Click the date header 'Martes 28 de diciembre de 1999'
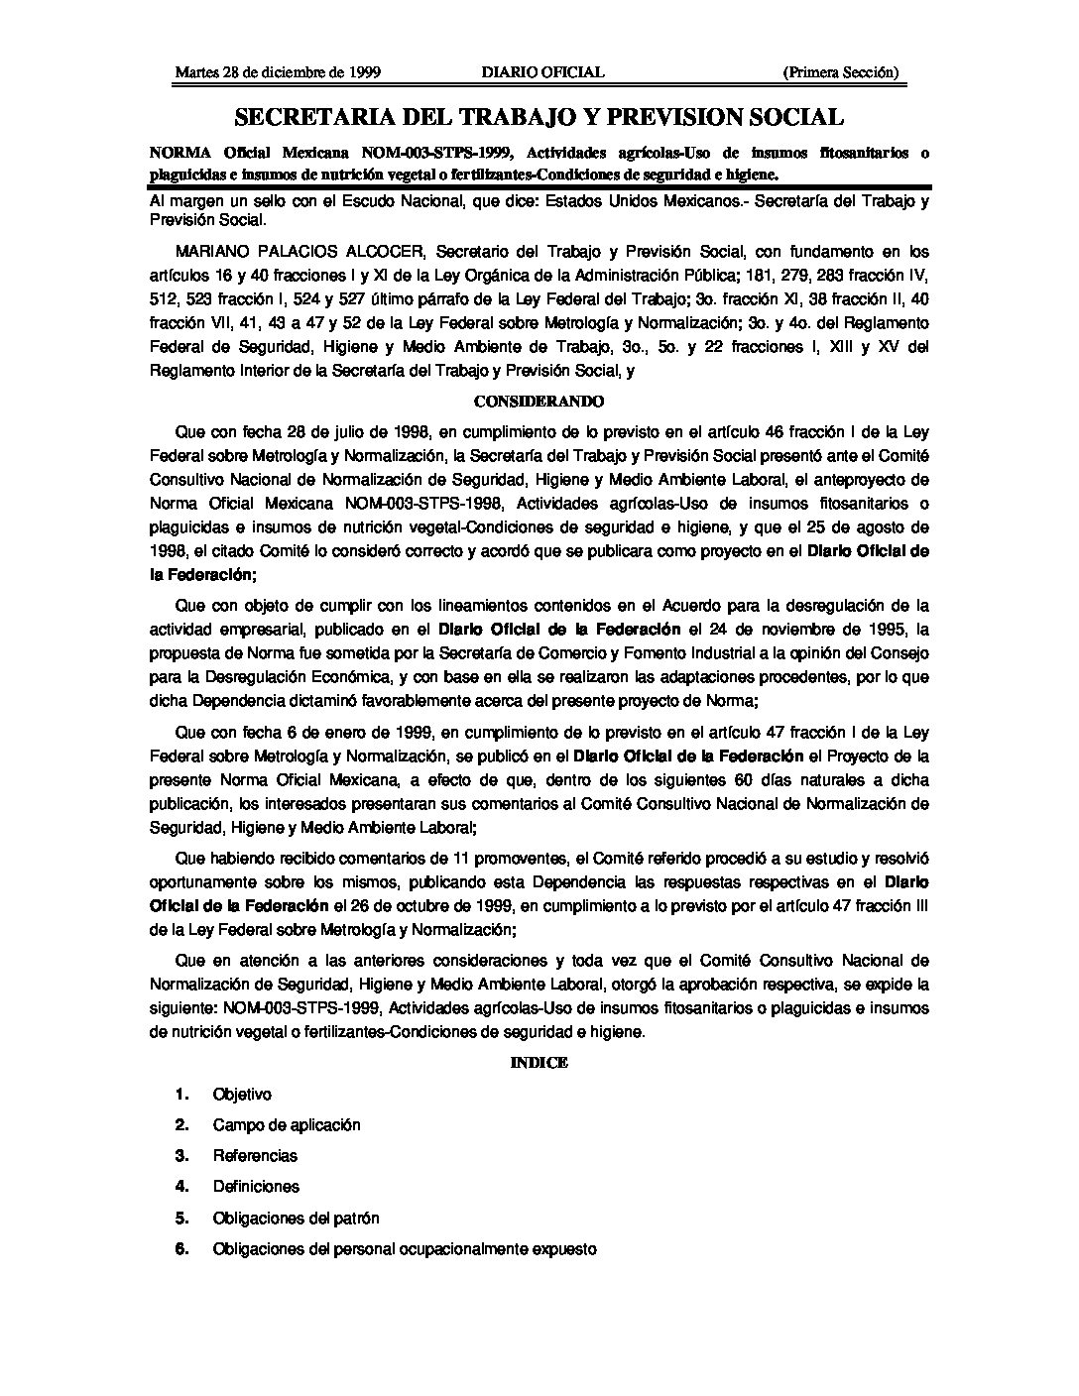[278, 72]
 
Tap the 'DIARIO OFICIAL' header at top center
[542, 72]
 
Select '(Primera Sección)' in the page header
[840, 72]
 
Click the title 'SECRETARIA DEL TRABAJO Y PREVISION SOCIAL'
[539, 118]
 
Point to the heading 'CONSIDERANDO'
[539, 402]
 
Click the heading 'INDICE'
[539, 1062]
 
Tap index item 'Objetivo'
[242, 1095]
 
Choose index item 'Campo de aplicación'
[287, 1125]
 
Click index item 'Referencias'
[255, 1156]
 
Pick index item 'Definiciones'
[256, 1187]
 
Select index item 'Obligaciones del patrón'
[296, 1219]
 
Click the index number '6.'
[181, 1249]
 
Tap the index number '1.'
[181, 1095]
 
